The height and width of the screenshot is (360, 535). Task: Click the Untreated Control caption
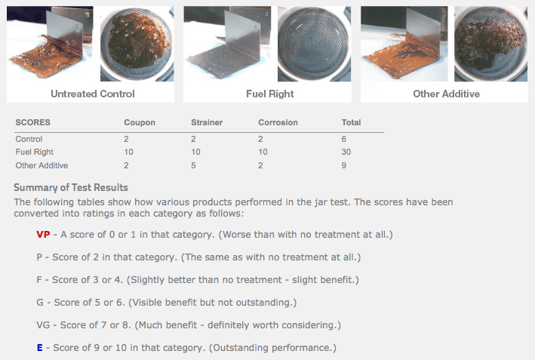coord(93,94)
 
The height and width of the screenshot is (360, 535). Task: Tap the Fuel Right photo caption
coord(269,94)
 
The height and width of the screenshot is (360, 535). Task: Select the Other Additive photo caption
coord(446,94)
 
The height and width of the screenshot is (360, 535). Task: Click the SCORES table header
coord(33,122)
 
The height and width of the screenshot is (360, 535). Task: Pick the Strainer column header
coord(206,122)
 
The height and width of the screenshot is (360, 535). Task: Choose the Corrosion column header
coord(278,122)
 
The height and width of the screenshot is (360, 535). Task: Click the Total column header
coord(351,122)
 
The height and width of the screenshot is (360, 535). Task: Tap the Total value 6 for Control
coord(344,139)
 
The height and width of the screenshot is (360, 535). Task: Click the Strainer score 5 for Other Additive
coord(194,165)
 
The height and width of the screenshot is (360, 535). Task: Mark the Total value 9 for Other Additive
coord(344,165)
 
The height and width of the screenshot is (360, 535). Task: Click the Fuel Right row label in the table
coord(34,152)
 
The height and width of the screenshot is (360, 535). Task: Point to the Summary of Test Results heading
coord(71,187)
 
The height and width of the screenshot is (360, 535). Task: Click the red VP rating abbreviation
coord(43,235)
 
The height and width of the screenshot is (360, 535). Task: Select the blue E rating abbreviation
coord(39,348)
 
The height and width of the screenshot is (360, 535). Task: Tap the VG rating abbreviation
coord(43,325)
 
